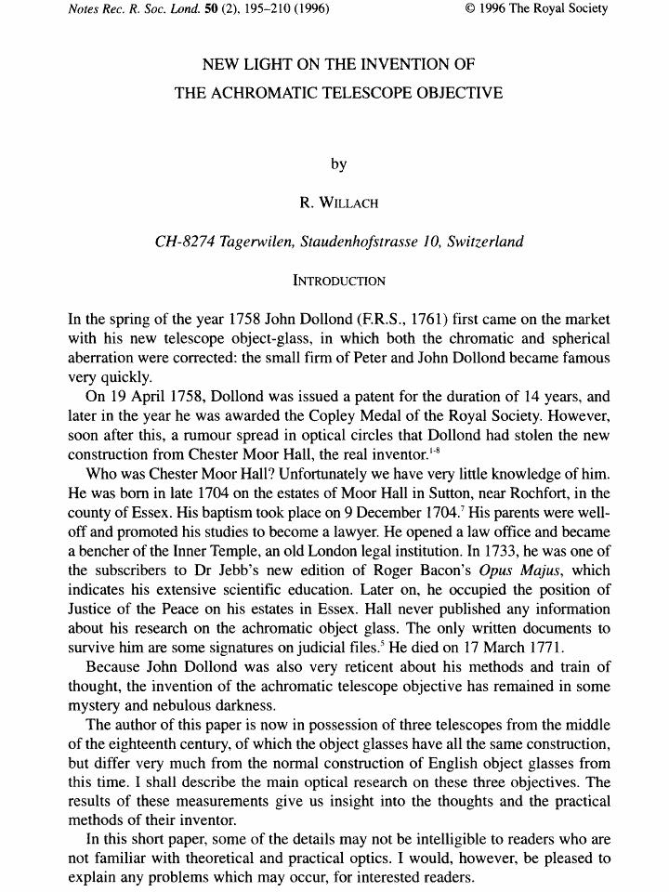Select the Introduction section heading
[x=338, y=280]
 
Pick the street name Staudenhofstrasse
[x=366, y=242]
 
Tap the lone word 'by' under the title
[x=338, y=164]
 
